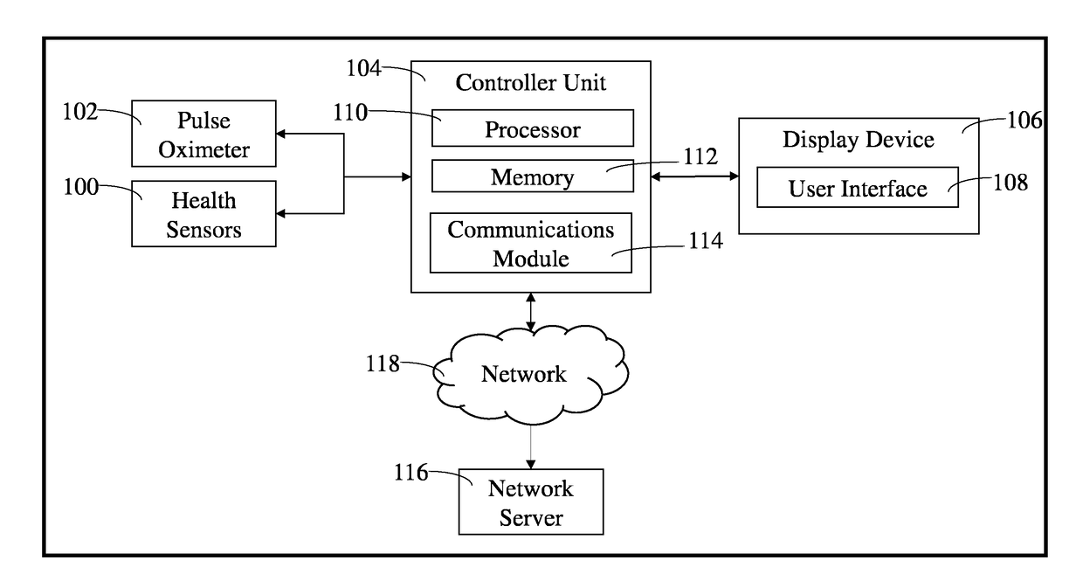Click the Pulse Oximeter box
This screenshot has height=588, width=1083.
[203, 134]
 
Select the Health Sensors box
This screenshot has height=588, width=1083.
[203, 214]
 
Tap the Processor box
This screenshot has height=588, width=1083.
[532, 128]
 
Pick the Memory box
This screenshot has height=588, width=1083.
[532, 176]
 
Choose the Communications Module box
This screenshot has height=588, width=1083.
[531, 243]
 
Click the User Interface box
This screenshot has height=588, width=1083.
[857, 187]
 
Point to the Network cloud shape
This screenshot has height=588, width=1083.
[530, 375]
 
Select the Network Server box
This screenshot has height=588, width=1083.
[531, 502]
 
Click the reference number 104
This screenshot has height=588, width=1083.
[363, 68]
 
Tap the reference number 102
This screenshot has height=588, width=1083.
[79, 112]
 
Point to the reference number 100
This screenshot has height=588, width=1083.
[80, 187]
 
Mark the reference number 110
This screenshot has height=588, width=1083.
[350, 112]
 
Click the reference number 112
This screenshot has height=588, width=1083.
[700, 156]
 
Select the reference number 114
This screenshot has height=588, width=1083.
[706, 240]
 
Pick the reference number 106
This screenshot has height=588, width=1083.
[1024, 120]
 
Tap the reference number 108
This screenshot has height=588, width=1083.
[1011, 183]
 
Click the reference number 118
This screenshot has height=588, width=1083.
[383, 363]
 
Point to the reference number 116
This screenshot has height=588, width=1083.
[411, 473]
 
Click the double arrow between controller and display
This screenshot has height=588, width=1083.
[694, 176]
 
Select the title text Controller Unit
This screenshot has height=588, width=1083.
[530, 83]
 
